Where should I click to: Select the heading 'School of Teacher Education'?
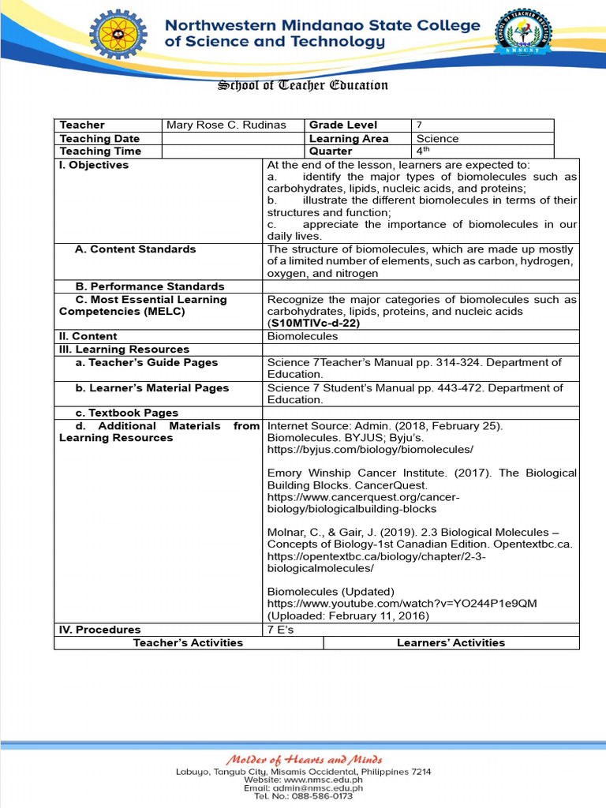click(x=302, y=85)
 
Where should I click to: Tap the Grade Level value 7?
click(x=420, y=125)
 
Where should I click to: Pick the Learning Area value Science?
click(x=437, y=138)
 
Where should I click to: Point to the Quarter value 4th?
click(x=424, y=151)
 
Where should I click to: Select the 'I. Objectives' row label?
click(x=94, y=165)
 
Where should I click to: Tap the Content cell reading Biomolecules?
click(x=302, y=336)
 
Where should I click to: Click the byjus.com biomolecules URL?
click(x=370, y=449)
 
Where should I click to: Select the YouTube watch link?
click(x=402, y=604)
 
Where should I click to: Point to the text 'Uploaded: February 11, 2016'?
click(x=348, y=615)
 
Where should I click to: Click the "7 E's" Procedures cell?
click(x=280, y=630)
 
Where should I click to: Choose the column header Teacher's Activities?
click(x=188, y=643)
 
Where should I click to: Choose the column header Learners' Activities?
click(x=451, y=643)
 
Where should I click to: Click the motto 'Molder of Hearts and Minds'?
click(x=304, y=759)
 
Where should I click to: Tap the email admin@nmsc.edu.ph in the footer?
click(x=303, y=787)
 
